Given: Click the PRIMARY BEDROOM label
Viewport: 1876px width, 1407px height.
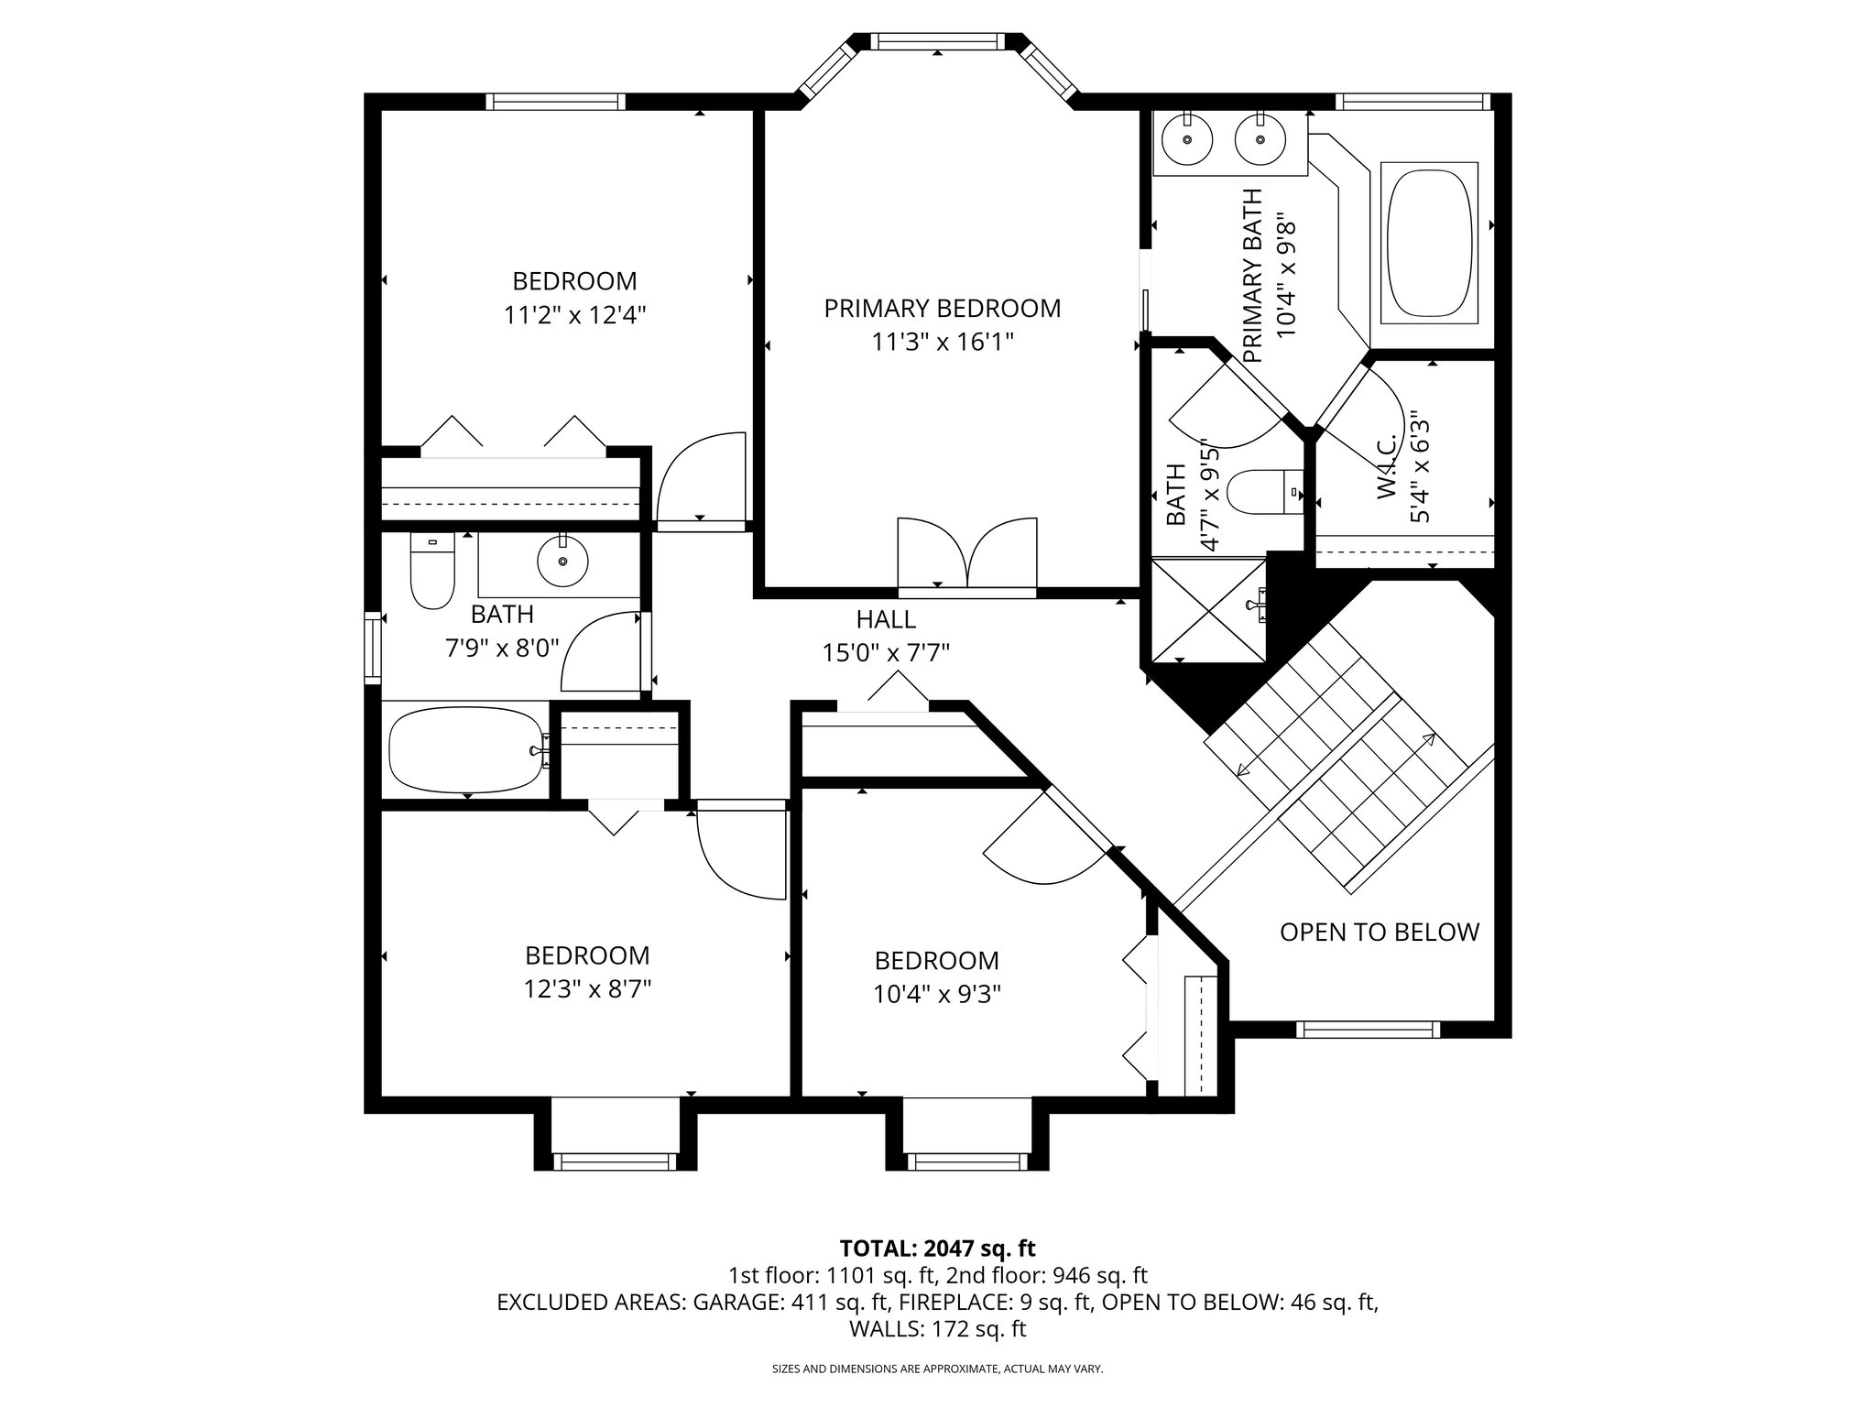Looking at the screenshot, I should pyautogui.click(x=942, y=309).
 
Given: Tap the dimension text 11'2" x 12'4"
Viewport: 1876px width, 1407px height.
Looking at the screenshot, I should pyautogui.click(x=574, y=315).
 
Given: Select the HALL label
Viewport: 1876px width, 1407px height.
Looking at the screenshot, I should pyautogui.click(x=885, y=620).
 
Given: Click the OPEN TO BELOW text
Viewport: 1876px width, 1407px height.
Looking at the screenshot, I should pyautogui.click(x=1379, y=933).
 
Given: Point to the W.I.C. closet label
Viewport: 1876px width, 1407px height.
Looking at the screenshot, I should pyautogui.click(x=1386, y=467).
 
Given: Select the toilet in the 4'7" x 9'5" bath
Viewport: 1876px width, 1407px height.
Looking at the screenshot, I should pyautogui.click(x=1264, y=492).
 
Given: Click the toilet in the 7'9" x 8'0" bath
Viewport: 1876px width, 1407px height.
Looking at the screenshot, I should pyautogui.click(x=432, y=573).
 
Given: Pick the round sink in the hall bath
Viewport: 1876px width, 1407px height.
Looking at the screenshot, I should pyautogui.click(x=562, y=562).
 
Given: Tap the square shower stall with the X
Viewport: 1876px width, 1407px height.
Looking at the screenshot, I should pyautogui.click(x=1207, y=609).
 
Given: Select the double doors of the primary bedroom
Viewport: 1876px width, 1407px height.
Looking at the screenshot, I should pyautogui.click(x=967, y=556).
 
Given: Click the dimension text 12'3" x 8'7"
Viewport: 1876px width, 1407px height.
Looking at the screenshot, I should pyautogui.click(x=587, y=990).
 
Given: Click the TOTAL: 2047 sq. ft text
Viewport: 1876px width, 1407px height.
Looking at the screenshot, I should pyautogui.click(x=937, y=1248).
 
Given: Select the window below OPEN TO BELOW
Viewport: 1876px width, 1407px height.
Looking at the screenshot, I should pyautogui.click(x=1368, y=1030).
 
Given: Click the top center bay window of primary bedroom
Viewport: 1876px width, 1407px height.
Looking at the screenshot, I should pyautogui.click(x=936, y=41).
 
